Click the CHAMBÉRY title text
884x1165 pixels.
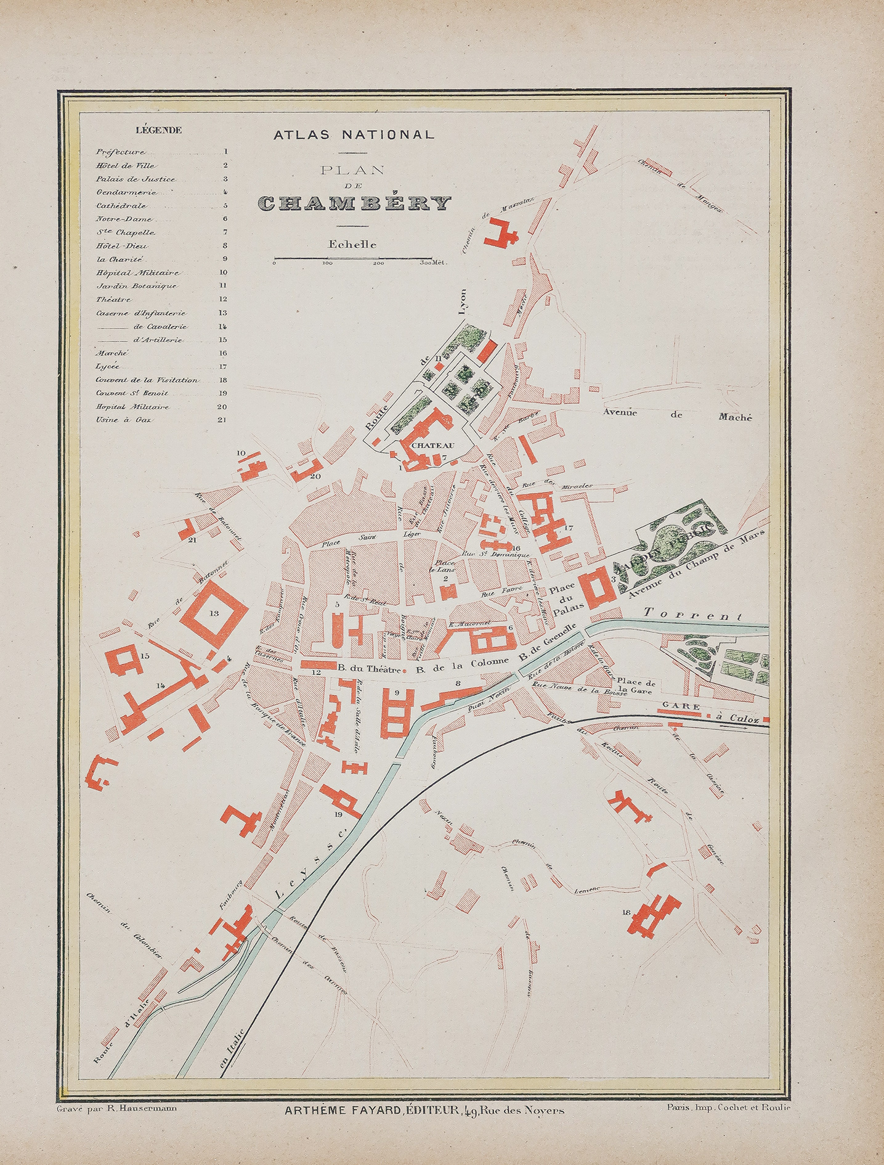pyautogui.click(x=354, y=203)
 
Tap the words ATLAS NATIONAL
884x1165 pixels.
pyautogui.click(x=354, y=134)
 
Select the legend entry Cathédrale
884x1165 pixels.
pyautogui.click(x=121, y=206)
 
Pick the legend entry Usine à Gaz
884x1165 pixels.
pyautogui.click(x=116, y=420)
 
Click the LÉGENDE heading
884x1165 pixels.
pyautogui.click(x=158, y=130)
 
